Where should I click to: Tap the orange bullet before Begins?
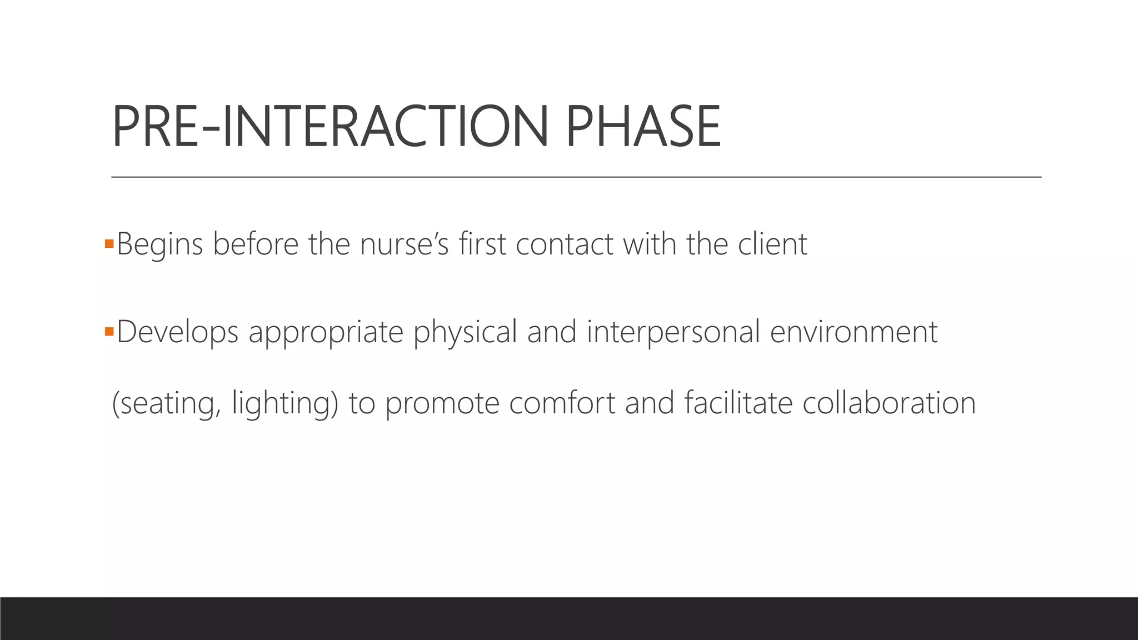coord(109,243)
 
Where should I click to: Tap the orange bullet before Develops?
coord(109,332)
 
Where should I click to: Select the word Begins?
coord(159,244)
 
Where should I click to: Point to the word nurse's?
coord(404,244)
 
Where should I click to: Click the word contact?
coord(564,244)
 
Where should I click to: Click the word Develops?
coord(177,332)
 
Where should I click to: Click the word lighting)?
coord(284,404)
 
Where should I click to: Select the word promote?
coord(442,404)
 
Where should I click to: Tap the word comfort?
coord(562,403)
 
